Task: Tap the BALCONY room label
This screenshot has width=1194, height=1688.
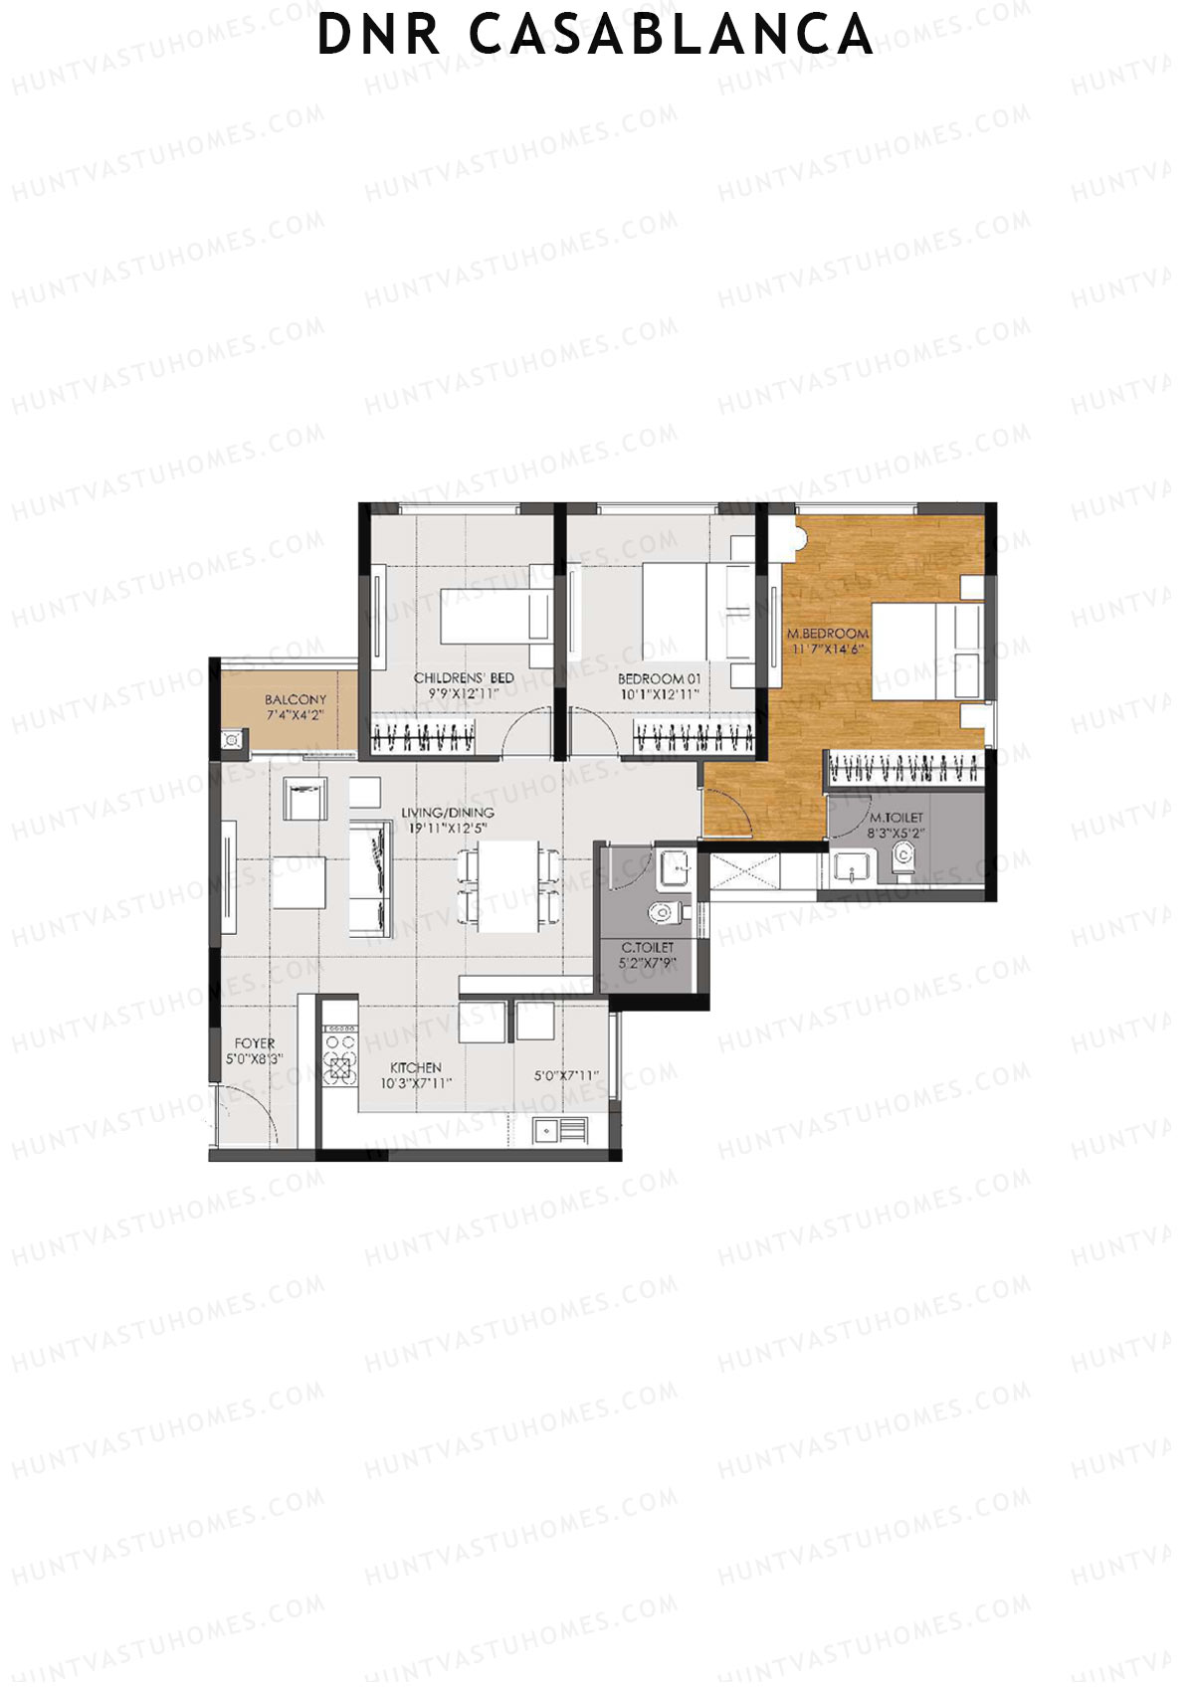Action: click(295, 699)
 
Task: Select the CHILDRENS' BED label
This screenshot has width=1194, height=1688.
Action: click(464, 677)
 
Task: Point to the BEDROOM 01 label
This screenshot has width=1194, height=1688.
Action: click(659, 678)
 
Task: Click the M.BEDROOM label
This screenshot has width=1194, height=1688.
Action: click(828, 633)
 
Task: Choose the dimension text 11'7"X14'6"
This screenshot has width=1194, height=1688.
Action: click(828, 649)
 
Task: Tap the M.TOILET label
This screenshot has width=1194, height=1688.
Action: click(895, 817)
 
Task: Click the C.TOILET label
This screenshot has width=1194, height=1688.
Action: click(648, 948)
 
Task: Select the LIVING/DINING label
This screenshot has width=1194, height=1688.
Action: click(448, 813)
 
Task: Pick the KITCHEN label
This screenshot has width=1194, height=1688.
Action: click(416, 1067)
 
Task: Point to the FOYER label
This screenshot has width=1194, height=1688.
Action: click(255, 1043)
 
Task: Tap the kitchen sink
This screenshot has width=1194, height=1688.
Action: click(559, 1129)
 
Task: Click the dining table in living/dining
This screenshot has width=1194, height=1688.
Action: click(507, 885)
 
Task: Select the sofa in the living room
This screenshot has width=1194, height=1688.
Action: click(369, 878)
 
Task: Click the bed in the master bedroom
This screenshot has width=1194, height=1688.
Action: click(925, 652)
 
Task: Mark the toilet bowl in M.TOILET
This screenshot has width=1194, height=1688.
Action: click(902, 857)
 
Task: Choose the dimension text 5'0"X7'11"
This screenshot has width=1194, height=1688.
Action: click(566, 1075)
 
